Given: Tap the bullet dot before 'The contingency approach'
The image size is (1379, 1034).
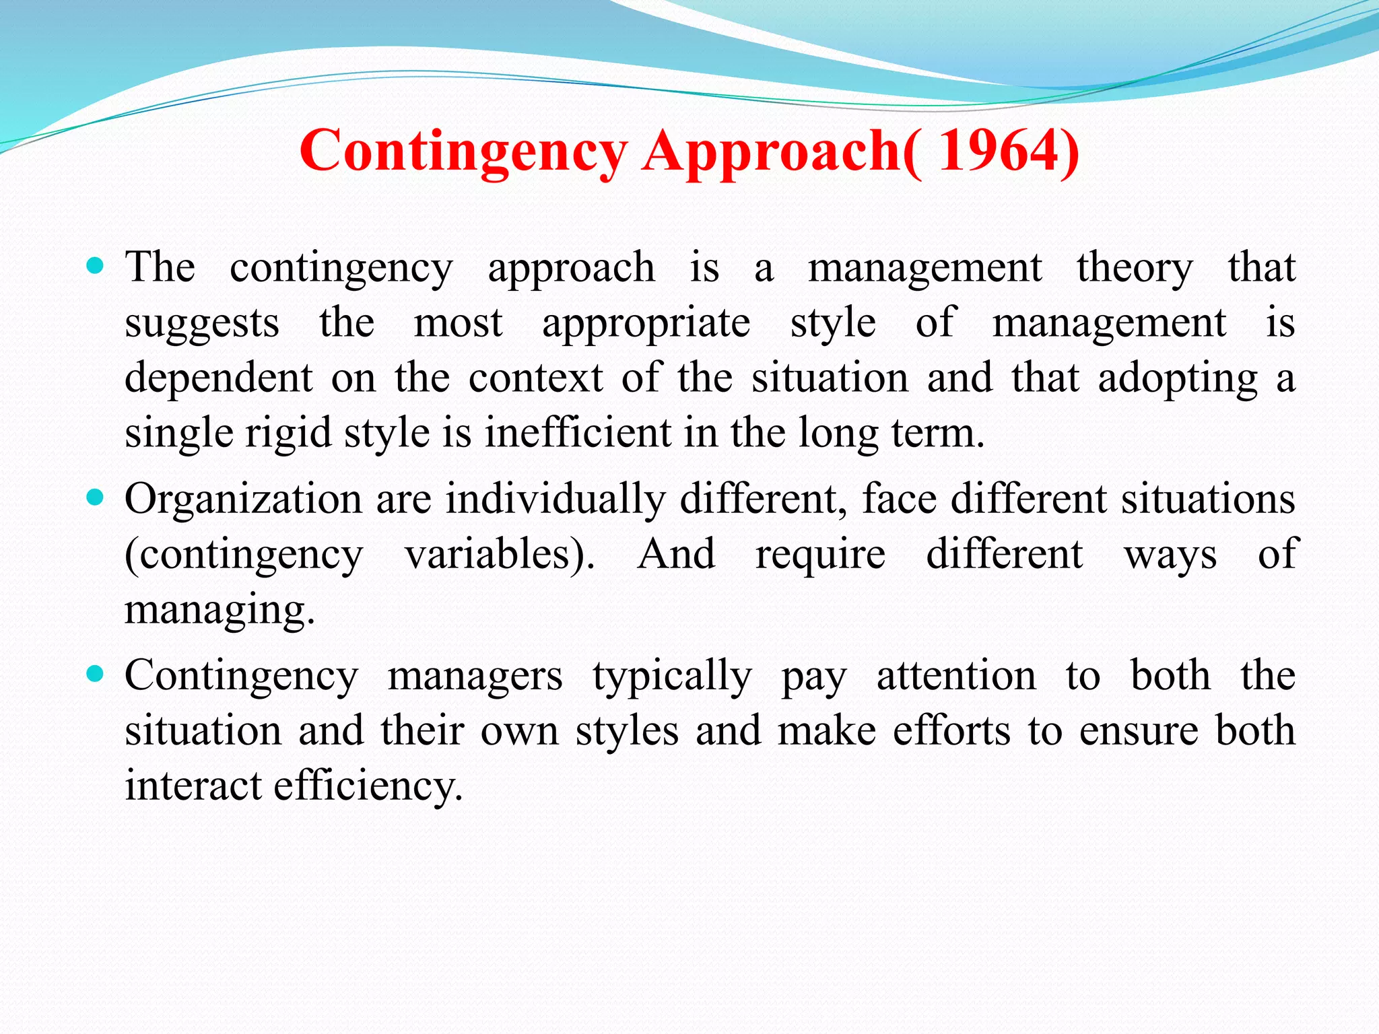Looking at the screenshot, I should click(x=96, y=267).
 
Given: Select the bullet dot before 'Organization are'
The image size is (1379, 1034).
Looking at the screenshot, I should click(x=96, y=499).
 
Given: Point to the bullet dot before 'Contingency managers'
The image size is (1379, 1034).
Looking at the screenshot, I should click(x=96, y=674).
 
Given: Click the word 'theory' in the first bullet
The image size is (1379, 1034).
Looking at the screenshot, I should click(x=1135, y=268).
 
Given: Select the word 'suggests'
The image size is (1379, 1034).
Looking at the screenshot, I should click(x=202, y=324).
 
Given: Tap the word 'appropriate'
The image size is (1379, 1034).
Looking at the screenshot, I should click(x=646, y=324).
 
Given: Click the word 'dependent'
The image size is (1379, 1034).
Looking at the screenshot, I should click(x=219, y=378).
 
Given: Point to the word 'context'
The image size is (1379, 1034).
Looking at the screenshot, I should click(x=535, y=378).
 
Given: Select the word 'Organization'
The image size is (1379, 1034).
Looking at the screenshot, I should click(x=243, y=500).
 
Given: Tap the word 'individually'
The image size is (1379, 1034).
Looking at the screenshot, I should click(x=556, y=500).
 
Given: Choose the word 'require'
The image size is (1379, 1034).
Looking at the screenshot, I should click(x=820, y=555).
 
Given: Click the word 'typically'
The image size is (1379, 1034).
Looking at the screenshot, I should click(x=672, y=677).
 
